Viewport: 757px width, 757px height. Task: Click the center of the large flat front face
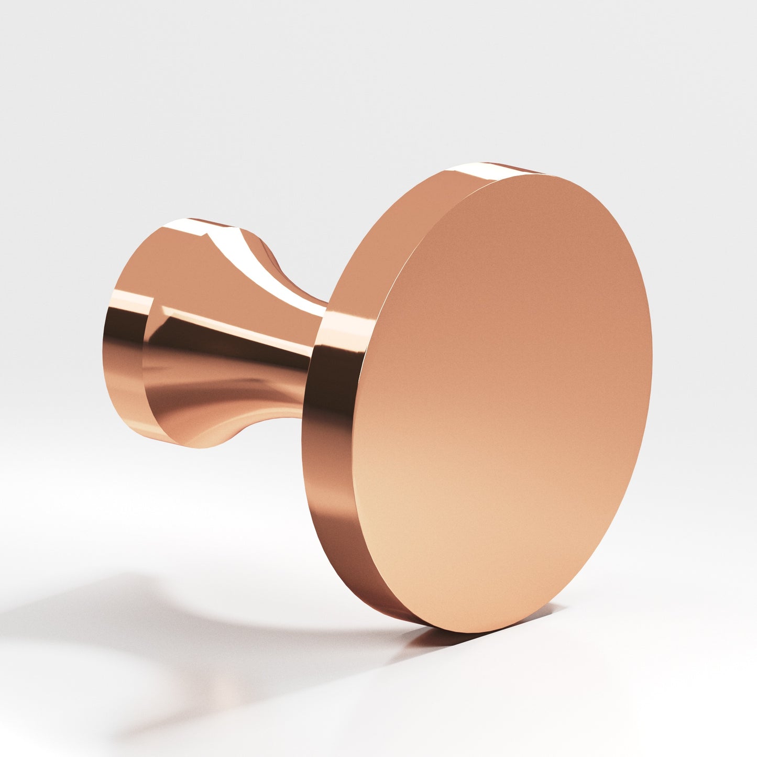click(x=503, y=403)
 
